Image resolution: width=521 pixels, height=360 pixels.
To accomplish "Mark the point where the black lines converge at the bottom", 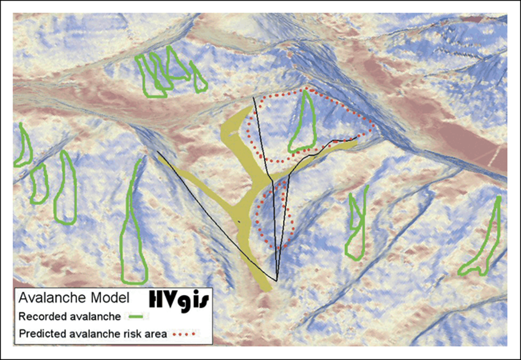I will click(276, 280).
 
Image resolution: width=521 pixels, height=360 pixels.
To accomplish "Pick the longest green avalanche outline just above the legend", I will click(133, 231).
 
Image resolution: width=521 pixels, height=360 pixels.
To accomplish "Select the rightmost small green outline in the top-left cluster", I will click(199, 79).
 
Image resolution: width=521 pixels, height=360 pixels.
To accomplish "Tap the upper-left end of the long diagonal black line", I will click(157, 152).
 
